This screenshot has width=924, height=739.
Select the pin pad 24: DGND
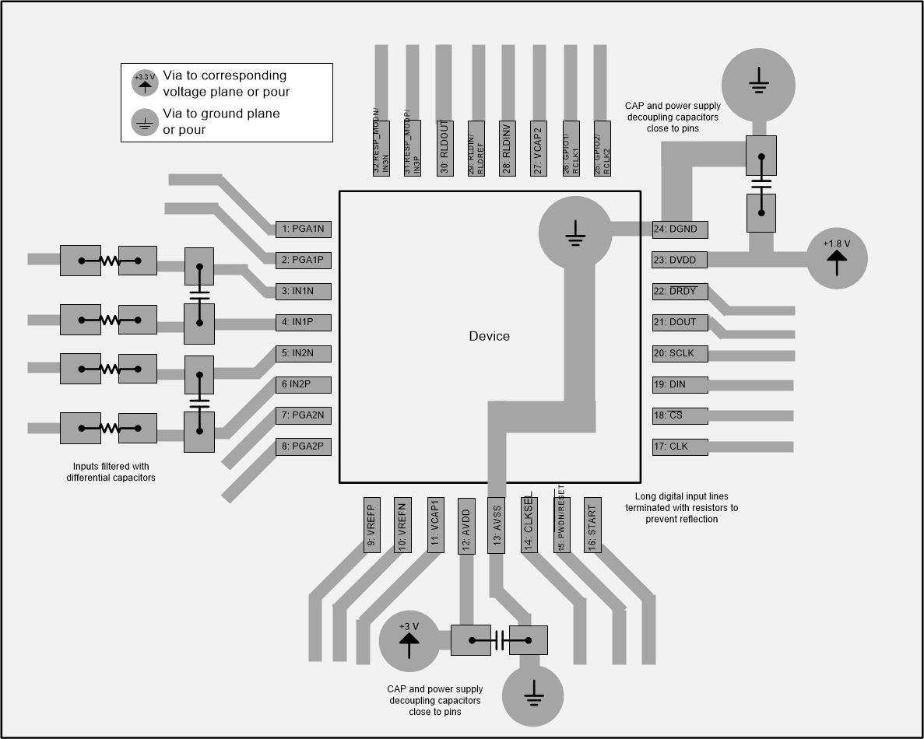pyautogui.click(x=680, y=229)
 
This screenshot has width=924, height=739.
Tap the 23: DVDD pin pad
pyautogui.click(x=680, y=260)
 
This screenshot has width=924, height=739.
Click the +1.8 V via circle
pyautogui.click(x=837, y=259)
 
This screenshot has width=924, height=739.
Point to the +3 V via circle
pyautogui.click(x=409, y=641)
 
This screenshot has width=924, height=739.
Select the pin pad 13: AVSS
pyautogui.click(x=497, y=525)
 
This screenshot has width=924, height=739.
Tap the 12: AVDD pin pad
pyautogui.click(x=466, y=525)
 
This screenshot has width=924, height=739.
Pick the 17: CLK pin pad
pyautogui.click(x=680, y=447)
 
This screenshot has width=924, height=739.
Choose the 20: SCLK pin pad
pyautogui.click(x=680, y=353)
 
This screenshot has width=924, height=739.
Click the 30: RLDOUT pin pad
pyautogui.click(x=444, y=148)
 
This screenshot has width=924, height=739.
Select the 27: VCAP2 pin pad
pyautogui.click(x=538, y=148)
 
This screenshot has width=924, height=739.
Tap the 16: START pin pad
pyautogui.click(x=592, y=525)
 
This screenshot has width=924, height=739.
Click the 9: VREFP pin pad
pyautogui.click(x=371, y=525)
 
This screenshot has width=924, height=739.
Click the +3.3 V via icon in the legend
pyautogui.click(x=145, y=82)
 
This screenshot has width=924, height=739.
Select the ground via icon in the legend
pyautogui.click(x=145, y=121)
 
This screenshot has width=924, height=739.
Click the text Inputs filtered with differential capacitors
pyautogui.click(x=111, y=471)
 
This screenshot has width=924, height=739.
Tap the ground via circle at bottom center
pyautogui.click(x=533, y=692)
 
